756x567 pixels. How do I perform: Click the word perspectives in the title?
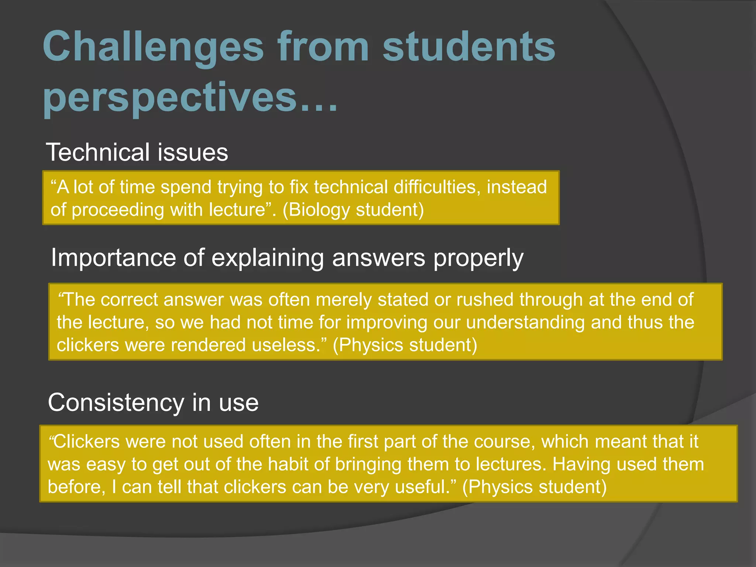tap(170, 97)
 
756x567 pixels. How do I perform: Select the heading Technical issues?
tap(137, 152)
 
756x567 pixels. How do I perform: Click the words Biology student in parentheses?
tap(353, 210)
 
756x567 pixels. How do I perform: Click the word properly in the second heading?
tap(478, 258)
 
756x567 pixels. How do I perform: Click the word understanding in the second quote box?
tap(525, 322)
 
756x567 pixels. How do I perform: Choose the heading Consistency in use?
tap(153, 402)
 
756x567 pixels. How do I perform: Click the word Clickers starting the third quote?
tap(87, 441)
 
